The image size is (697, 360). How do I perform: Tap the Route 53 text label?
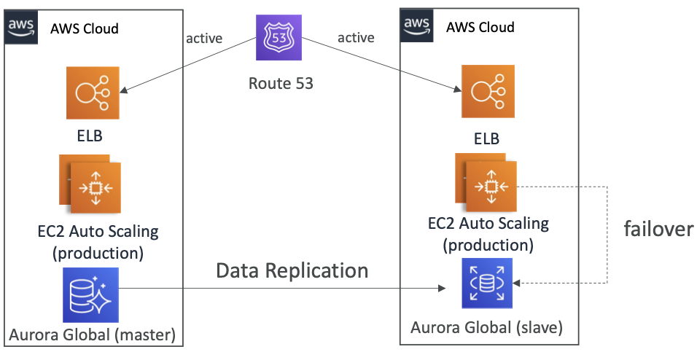(x=281, y=83)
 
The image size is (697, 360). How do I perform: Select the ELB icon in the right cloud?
(x=488, y=92)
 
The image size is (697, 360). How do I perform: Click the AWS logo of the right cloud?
(x=417, y=26)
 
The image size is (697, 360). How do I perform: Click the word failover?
(x=658, y=229)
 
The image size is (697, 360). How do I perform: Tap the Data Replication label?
(x=292, y=270)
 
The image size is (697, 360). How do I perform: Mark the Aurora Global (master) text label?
(x=93, y=336)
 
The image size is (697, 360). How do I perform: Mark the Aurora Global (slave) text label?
(x=487, y=328)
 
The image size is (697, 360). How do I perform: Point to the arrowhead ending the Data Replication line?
(x=441, y=289)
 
